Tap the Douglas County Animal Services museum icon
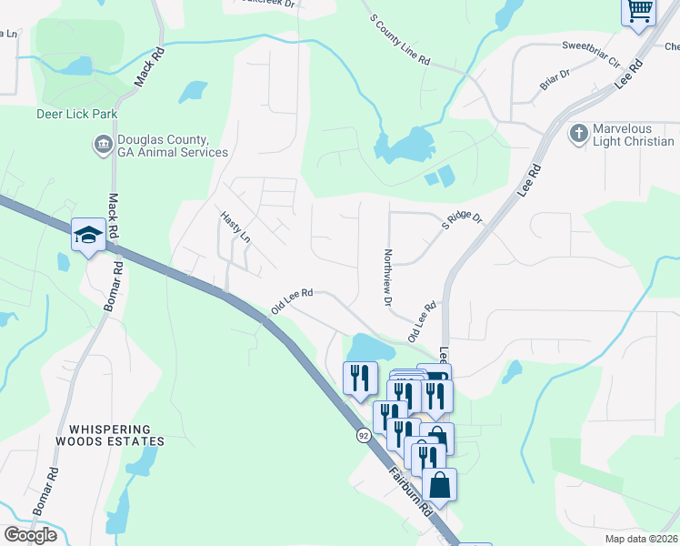(x=103, y=144)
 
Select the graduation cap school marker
(x=88, y=236)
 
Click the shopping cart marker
(x=639, y=12)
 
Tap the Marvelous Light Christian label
(x=634, y=135)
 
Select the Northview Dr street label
(x=388, y=277)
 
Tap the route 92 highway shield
(x=363, y=436)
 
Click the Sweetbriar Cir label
(x=590, y=54)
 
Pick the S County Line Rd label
(x=399, y=38)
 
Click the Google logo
(x=29, y=535)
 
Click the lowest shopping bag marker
(x=439, y=484)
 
